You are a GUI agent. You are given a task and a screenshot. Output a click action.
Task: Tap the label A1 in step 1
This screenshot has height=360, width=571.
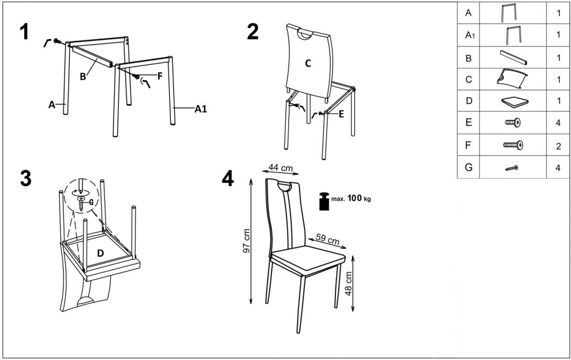point(201,108)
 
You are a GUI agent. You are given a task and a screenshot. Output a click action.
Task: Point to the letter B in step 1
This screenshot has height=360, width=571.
point(83,77)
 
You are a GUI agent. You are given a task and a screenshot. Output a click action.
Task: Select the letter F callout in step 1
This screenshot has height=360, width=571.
point(160,76)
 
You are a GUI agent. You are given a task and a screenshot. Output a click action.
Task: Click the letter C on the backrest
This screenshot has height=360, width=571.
point(308,64)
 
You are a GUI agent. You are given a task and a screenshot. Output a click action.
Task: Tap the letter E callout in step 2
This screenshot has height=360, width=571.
point(341,114)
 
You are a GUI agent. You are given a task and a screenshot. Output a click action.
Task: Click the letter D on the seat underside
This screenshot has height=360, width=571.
point(100,253)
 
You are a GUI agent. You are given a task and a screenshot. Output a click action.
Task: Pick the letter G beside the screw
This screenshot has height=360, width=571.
point(91,202)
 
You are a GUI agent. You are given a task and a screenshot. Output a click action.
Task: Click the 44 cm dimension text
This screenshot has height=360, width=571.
point(280,168)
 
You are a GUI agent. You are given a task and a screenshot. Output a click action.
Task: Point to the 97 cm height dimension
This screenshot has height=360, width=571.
point(247,241)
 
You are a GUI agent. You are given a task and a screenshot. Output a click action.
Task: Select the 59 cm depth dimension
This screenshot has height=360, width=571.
point(328,239)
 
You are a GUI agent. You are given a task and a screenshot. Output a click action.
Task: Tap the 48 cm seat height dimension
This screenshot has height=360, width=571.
point(349,284)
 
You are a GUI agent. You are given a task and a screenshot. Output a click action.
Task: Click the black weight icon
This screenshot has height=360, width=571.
point(324,201)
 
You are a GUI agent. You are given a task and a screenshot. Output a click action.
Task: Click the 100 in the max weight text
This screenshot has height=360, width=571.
point(355,198)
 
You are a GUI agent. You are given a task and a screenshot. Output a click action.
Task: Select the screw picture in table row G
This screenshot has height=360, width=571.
point(512,168)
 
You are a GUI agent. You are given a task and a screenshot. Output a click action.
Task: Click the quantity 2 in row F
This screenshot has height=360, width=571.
point(558,147)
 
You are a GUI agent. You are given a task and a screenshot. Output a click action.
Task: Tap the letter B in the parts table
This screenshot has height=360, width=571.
point(468,58)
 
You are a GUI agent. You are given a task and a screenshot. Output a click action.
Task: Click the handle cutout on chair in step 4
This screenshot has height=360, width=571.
point(285,188)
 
